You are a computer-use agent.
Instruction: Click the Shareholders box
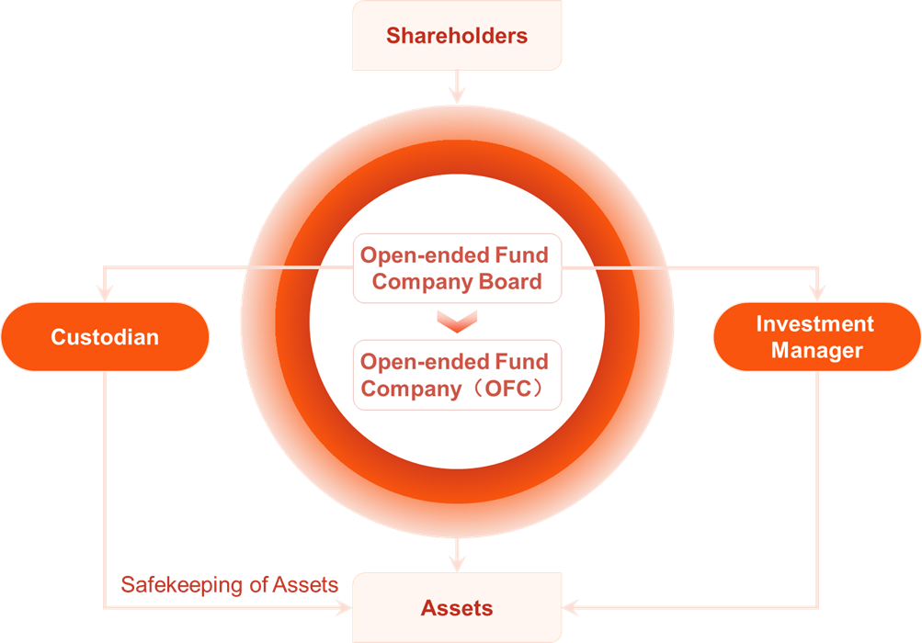[457, 35]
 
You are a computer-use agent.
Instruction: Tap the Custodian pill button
[106, 337]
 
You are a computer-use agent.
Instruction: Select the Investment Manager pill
[816, 337]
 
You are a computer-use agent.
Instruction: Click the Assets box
[457, 607]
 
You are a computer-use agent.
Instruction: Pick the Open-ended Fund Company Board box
[457, 268]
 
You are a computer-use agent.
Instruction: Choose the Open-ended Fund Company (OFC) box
[457, 375]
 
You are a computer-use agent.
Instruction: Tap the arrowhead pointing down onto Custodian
[105, 293]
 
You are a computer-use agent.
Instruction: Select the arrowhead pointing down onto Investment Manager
[817, 293]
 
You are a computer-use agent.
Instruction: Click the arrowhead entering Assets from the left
[344, 607]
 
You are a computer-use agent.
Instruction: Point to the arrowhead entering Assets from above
[457, 564]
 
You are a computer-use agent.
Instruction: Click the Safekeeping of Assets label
[229, 585]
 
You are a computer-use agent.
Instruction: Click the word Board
[510, 281]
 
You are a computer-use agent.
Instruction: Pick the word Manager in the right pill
[816, 350]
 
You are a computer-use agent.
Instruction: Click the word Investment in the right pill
[815, 324]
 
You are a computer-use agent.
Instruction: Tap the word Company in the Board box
[423, 282]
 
